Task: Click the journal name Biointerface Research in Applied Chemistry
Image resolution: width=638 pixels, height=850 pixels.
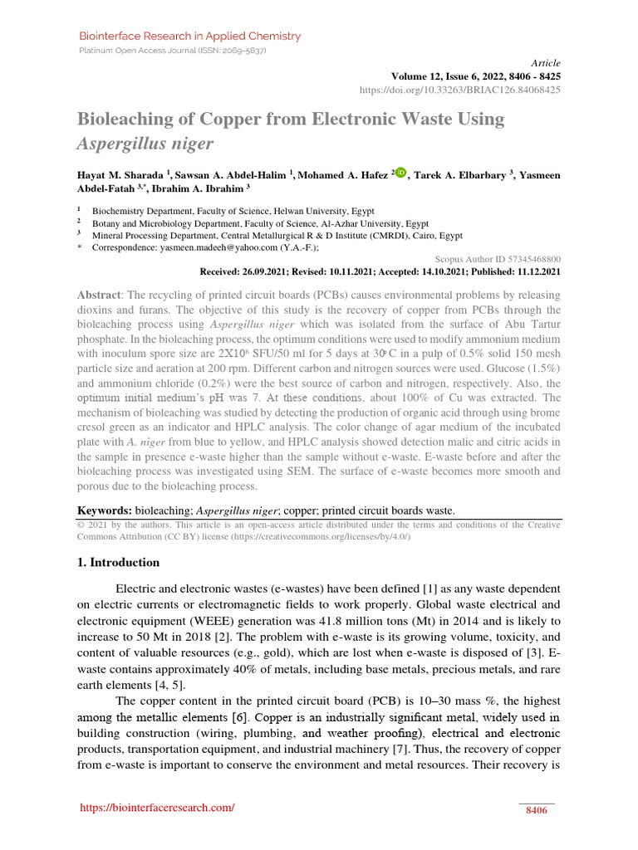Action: click(x=189, y=37)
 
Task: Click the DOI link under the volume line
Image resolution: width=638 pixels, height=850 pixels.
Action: click(x=460, y=89)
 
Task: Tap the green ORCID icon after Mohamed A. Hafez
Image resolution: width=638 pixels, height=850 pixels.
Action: click(x=401, y=173)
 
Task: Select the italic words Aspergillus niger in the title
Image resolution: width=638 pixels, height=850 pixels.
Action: click(x=145, y=144)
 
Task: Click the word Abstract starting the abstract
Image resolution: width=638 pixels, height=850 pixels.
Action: click(x=99, y=296)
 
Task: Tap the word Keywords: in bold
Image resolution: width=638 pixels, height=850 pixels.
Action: click(x=105, y=510)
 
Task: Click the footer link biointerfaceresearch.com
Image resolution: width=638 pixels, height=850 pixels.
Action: click(x=157, y=808)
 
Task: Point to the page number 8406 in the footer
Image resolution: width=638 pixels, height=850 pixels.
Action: click(x=537, y=810)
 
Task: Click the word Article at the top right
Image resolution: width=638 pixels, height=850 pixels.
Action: click(x=545, y=63)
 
